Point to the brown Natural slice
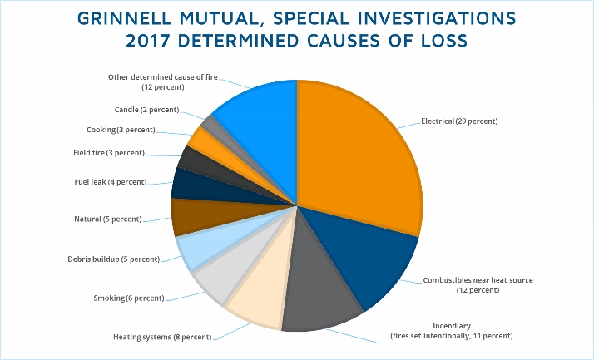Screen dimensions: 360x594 pyautogui.click(x=188, y=218)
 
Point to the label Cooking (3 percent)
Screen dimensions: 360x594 pyautogui.click(x=121, y=130)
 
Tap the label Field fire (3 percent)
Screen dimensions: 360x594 pyautogui.click(x=108, y=153)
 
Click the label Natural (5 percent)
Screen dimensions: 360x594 pyautogui.click(x=101, y=219)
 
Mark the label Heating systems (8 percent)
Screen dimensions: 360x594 pyautogui.click(x=161, y=337)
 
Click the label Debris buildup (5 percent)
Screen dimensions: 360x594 pyautogui.click(x=113, y=259)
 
